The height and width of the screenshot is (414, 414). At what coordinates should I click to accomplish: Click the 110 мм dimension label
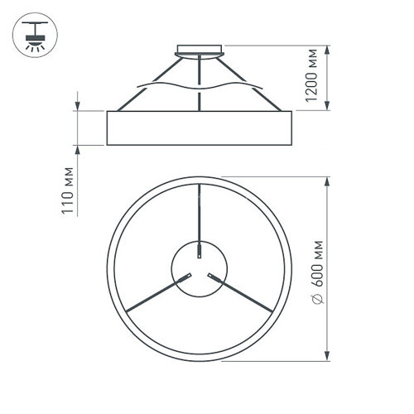pyautogui.click(x=70, y=194)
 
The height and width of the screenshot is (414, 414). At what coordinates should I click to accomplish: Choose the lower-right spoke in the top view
pyautogui.click(x=243, y=295)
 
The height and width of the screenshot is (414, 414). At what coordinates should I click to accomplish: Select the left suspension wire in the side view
pyautogui.click(x=146, y=84)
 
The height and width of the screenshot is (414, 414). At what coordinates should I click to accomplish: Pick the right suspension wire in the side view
pyautogui.click(x=253, y=82)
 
